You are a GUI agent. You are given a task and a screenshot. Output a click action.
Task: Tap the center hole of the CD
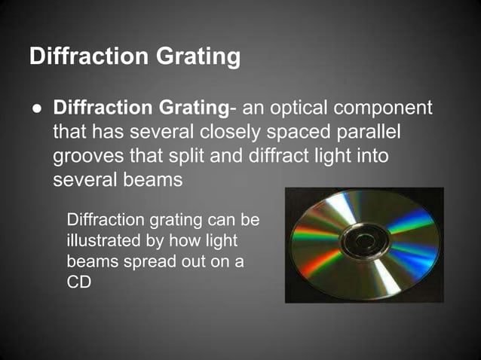click(x=365, y=242)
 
